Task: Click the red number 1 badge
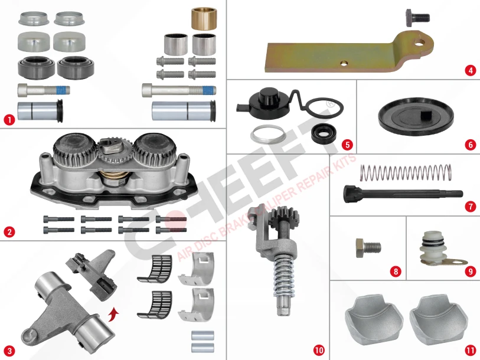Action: click(x=8, y=119)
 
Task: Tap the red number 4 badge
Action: click(x=470, y=71)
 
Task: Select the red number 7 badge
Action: click(x=470, y=207)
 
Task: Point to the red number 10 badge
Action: click(x=319, y=350)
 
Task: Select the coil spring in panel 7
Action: click(x=406, y=172)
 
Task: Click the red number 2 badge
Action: click(x=8, y=232)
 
